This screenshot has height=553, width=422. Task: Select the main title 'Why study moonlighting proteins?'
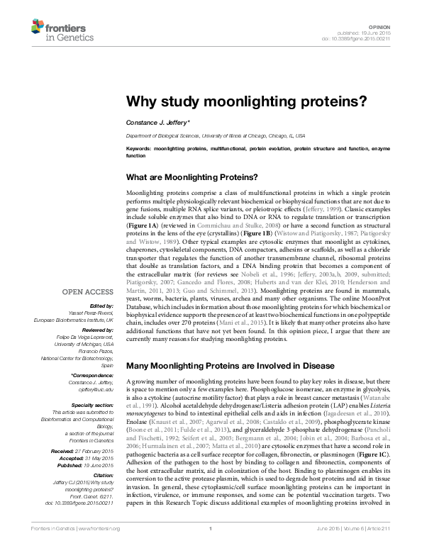(246, 101)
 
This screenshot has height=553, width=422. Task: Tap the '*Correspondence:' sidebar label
(92, 375)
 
